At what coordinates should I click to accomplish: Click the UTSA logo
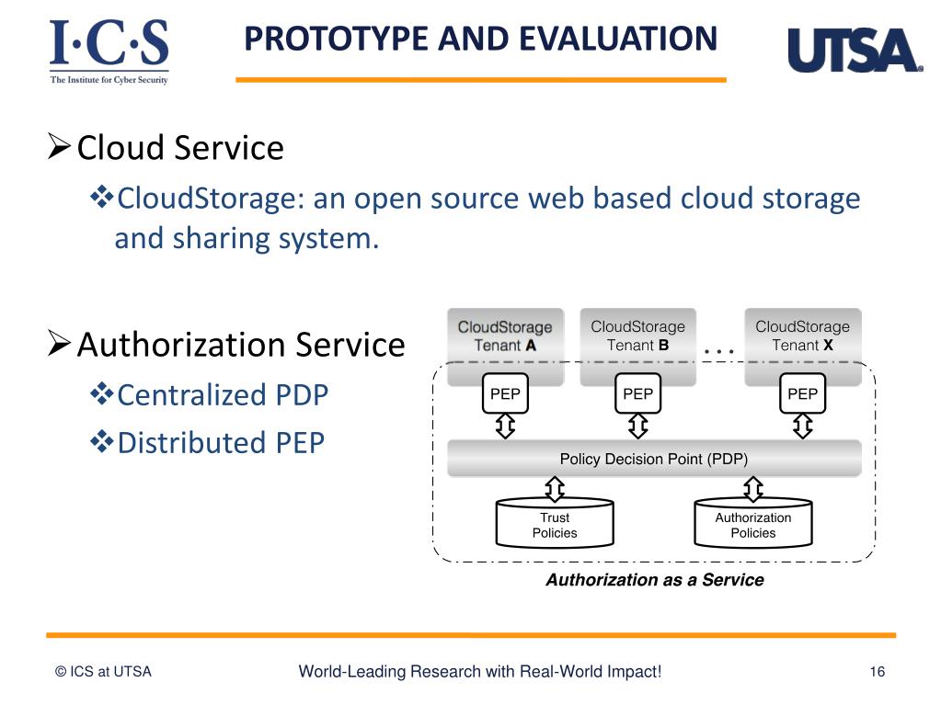tap(854, 51)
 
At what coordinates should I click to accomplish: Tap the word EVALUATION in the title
tap(617, 39)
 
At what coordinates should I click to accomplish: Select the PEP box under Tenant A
tap(505, 394)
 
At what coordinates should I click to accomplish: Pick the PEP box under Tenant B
tap(637, 394)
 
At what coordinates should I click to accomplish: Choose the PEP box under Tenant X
tap(802, 394)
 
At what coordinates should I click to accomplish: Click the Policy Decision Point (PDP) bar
tap(654, 459)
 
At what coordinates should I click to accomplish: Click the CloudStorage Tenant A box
tap(505, 335)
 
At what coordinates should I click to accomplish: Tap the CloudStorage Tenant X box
tap(802, 335)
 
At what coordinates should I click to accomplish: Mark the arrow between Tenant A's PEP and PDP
tap(505, 426)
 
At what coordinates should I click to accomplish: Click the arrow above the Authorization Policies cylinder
tap(753, 487)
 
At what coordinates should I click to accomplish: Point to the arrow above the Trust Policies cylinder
tap(555, 487)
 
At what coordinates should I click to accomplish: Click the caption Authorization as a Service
tap(654, 580)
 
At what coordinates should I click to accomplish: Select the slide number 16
tap(877, 672)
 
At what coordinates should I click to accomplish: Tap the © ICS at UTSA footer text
tap(103, 672)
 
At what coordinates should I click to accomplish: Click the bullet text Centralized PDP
tap(223, 395)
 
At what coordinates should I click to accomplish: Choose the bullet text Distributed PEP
tap(221, 442)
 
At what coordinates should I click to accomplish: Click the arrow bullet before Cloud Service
tap(59, 145)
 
